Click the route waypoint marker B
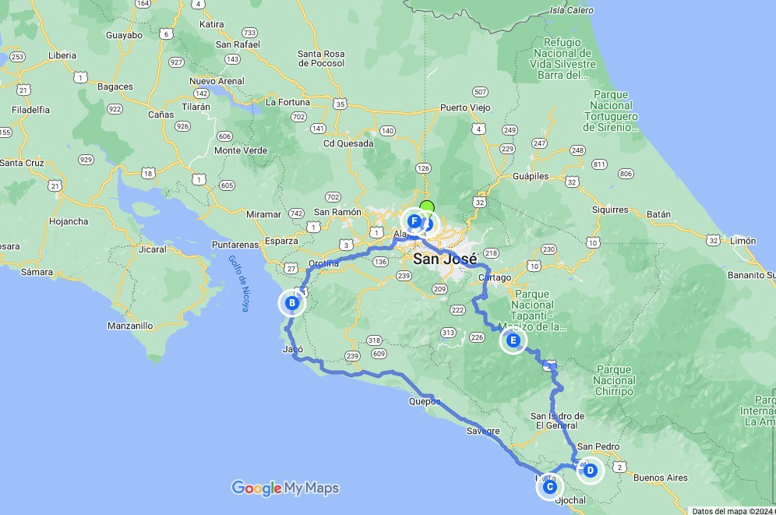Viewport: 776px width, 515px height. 291,303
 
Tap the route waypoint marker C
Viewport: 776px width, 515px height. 549,487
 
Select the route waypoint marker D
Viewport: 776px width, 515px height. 591,471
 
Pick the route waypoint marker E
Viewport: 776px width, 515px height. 513,340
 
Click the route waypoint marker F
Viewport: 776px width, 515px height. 414,221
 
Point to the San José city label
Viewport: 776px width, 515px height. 445,259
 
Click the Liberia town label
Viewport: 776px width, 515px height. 62,55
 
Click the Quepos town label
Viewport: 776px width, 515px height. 424,402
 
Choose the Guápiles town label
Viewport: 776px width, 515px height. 531,176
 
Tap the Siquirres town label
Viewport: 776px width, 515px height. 609,210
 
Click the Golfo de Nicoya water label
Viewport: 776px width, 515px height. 238,284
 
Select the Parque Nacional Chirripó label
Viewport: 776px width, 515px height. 614,380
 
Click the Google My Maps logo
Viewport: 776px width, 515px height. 285,489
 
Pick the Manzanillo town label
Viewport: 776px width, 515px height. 129,326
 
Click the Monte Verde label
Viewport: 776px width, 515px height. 240,150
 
